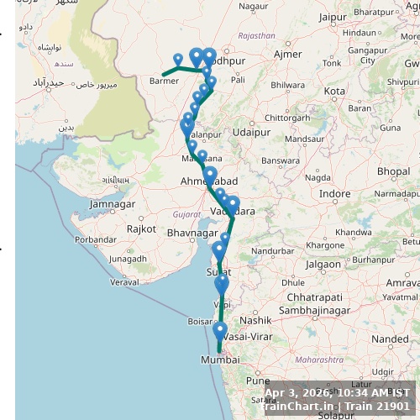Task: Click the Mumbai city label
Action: pos(219,360)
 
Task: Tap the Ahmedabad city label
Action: pos(208,181)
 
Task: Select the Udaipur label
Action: pos(252,132)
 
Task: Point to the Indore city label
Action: pos(335,193)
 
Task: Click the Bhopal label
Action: pos(393,171)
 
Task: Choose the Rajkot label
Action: pos(141,228)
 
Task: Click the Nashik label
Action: pos(255,320)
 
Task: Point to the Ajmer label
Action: pos(287,55)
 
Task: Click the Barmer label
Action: pos(164,81)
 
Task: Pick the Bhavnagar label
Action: pos(193,232)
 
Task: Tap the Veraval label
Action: pos(123,281)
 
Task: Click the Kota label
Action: pos(334,91)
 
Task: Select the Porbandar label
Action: pos(95,239)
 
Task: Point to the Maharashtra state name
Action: pos(320,360)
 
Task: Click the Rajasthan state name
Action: pos(256,36)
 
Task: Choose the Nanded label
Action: pos(388,339)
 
